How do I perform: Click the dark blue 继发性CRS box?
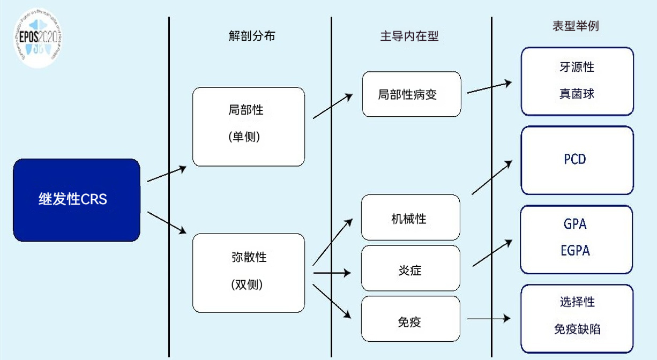tap(77, 200)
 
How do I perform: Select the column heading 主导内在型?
tap(409, 36)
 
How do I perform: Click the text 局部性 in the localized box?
tap(246, 110)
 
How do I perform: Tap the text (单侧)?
tap(245, 137)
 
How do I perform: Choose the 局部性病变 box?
tap(411, 94)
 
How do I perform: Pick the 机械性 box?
tap(410, 218)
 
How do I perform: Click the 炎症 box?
tap(410, 269)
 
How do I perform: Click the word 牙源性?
tap(577, 67)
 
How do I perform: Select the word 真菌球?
tap(577, 94)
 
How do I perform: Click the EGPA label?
tap(576, 250)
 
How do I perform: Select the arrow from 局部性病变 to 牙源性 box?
tap(489, 88)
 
